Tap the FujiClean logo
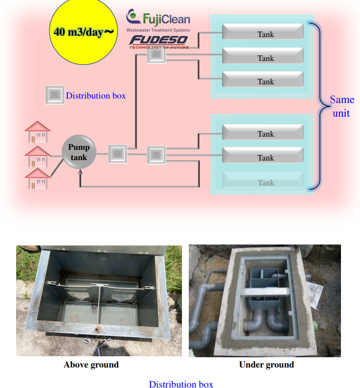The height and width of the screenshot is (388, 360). [158, 18]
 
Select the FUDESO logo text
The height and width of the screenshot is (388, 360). [158, 41]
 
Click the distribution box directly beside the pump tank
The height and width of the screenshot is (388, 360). [117, 154]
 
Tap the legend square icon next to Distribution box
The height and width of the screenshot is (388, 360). [55, 95]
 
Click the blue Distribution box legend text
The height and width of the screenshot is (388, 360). [96, 96]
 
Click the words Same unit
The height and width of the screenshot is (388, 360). [341, 106]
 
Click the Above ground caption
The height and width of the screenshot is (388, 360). [91, 365]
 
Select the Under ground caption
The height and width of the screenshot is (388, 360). [266, 365]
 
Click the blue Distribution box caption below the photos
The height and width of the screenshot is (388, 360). [180, 384]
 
